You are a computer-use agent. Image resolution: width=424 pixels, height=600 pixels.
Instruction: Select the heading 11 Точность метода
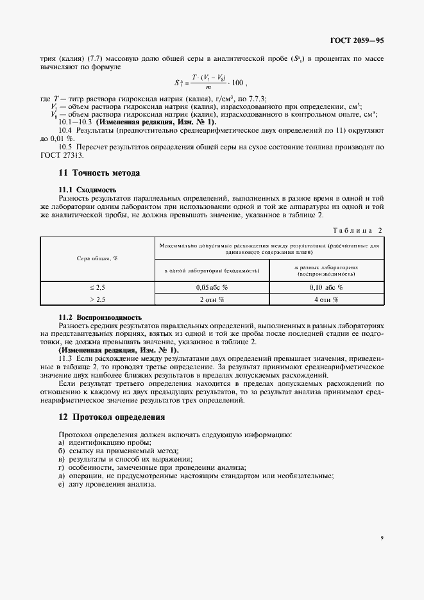click(99, 173)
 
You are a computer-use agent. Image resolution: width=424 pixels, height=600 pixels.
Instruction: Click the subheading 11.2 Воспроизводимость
click(100, 317)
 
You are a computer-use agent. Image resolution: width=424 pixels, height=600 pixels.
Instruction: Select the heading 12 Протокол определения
click(112, 417)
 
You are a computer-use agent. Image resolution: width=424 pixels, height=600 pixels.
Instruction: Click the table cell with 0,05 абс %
click(212, 287)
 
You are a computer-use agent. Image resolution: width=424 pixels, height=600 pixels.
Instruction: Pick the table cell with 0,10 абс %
click(326, 287)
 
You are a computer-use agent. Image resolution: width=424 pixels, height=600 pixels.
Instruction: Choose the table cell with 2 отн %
click(212, 299)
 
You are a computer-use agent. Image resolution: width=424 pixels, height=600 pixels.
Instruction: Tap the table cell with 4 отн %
click(326, 299)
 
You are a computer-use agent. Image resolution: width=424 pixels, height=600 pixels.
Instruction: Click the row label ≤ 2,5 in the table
click(97, 287)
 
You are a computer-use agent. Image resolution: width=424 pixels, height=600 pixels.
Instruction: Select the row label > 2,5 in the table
click(97, 299)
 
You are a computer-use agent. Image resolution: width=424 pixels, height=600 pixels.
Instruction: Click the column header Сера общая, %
click(97, 258)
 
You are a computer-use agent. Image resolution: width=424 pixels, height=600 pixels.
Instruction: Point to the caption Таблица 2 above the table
click(358, 229)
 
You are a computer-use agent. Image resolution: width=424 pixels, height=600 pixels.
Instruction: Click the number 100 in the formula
click(237, 83)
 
